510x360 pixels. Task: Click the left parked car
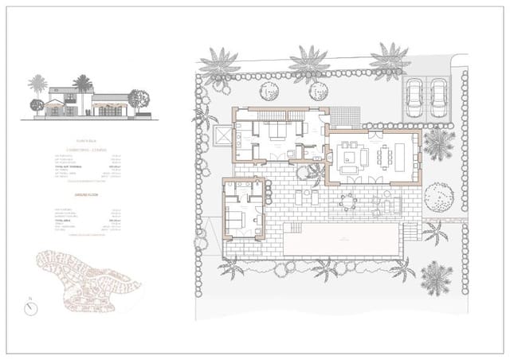(414, 96)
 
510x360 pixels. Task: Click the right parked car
(437, 96)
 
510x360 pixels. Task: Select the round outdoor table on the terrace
(347, 201)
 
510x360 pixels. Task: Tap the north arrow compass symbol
(29, 307)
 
